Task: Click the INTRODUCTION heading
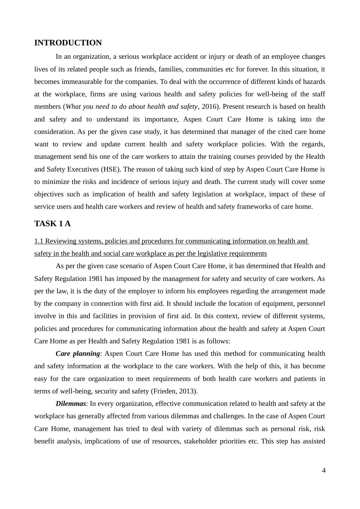click(x=68, y=43)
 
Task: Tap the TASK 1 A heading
click(x=52, y=224)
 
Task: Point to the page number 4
click(x=324, y=470)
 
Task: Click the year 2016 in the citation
click(x=209, y=107)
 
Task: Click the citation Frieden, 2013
click(x=174, y=391)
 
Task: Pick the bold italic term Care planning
click(x=78, y=354)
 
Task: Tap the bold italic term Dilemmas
click(x=71, y=404)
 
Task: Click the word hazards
click(x=314, y=82)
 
